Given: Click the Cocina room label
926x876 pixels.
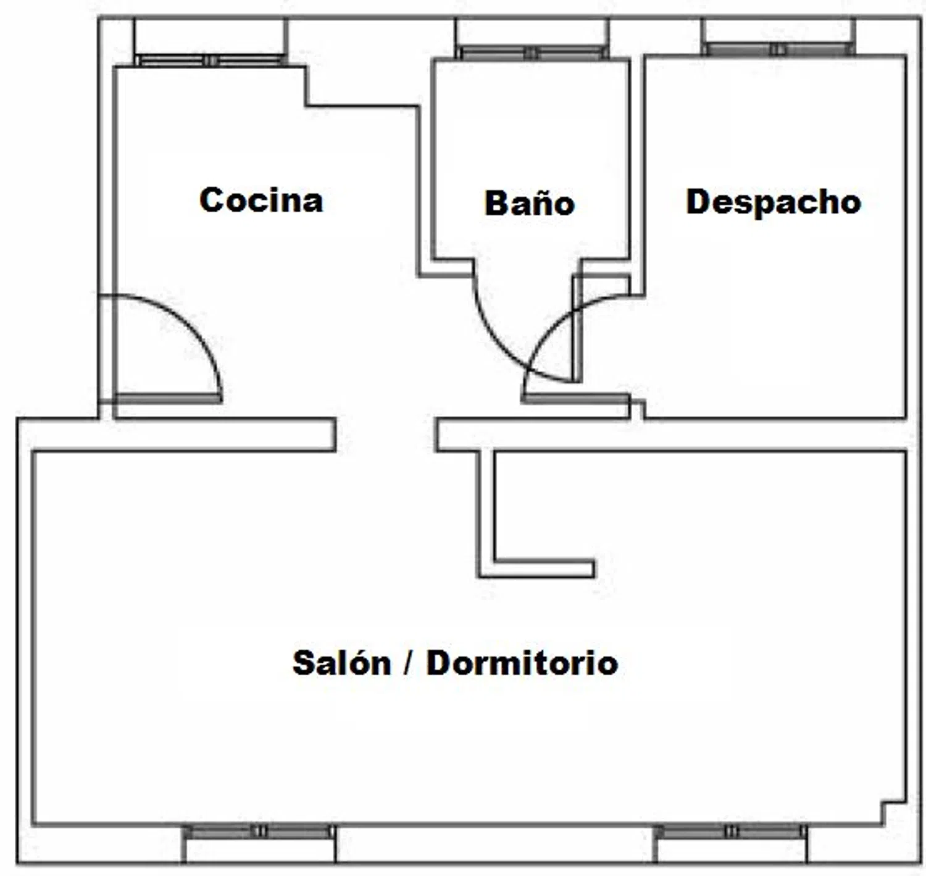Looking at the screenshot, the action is click(261, 200).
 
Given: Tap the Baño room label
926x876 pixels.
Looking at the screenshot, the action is click(530, 203).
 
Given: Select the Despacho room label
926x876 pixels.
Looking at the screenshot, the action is click(774, 202).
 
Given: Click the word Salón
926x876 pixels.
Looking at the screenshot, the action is click(341, 662).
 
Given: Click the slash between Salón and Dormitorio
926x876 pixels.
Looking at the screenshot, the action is click(408, 664).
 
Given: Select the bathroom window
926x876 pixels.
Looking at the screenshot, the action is click(532, 52).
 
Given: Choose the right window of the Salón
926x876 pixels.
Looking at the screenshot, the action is click(730, 832).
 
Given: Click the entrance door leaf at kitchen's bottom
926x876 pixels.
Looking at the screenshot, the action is click(169, 398).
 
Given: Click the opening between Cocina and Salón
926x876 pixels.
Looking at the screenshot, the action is click(386, 434).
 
